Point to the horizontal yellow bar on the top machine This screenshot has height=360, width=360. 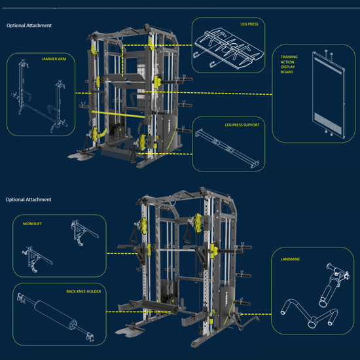(x=115, y=113)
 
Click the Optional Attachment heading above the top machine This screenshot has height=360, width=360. (x=29, y=26)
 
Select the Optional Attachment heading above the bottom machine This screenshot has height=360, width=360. (x=29, y=199)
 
